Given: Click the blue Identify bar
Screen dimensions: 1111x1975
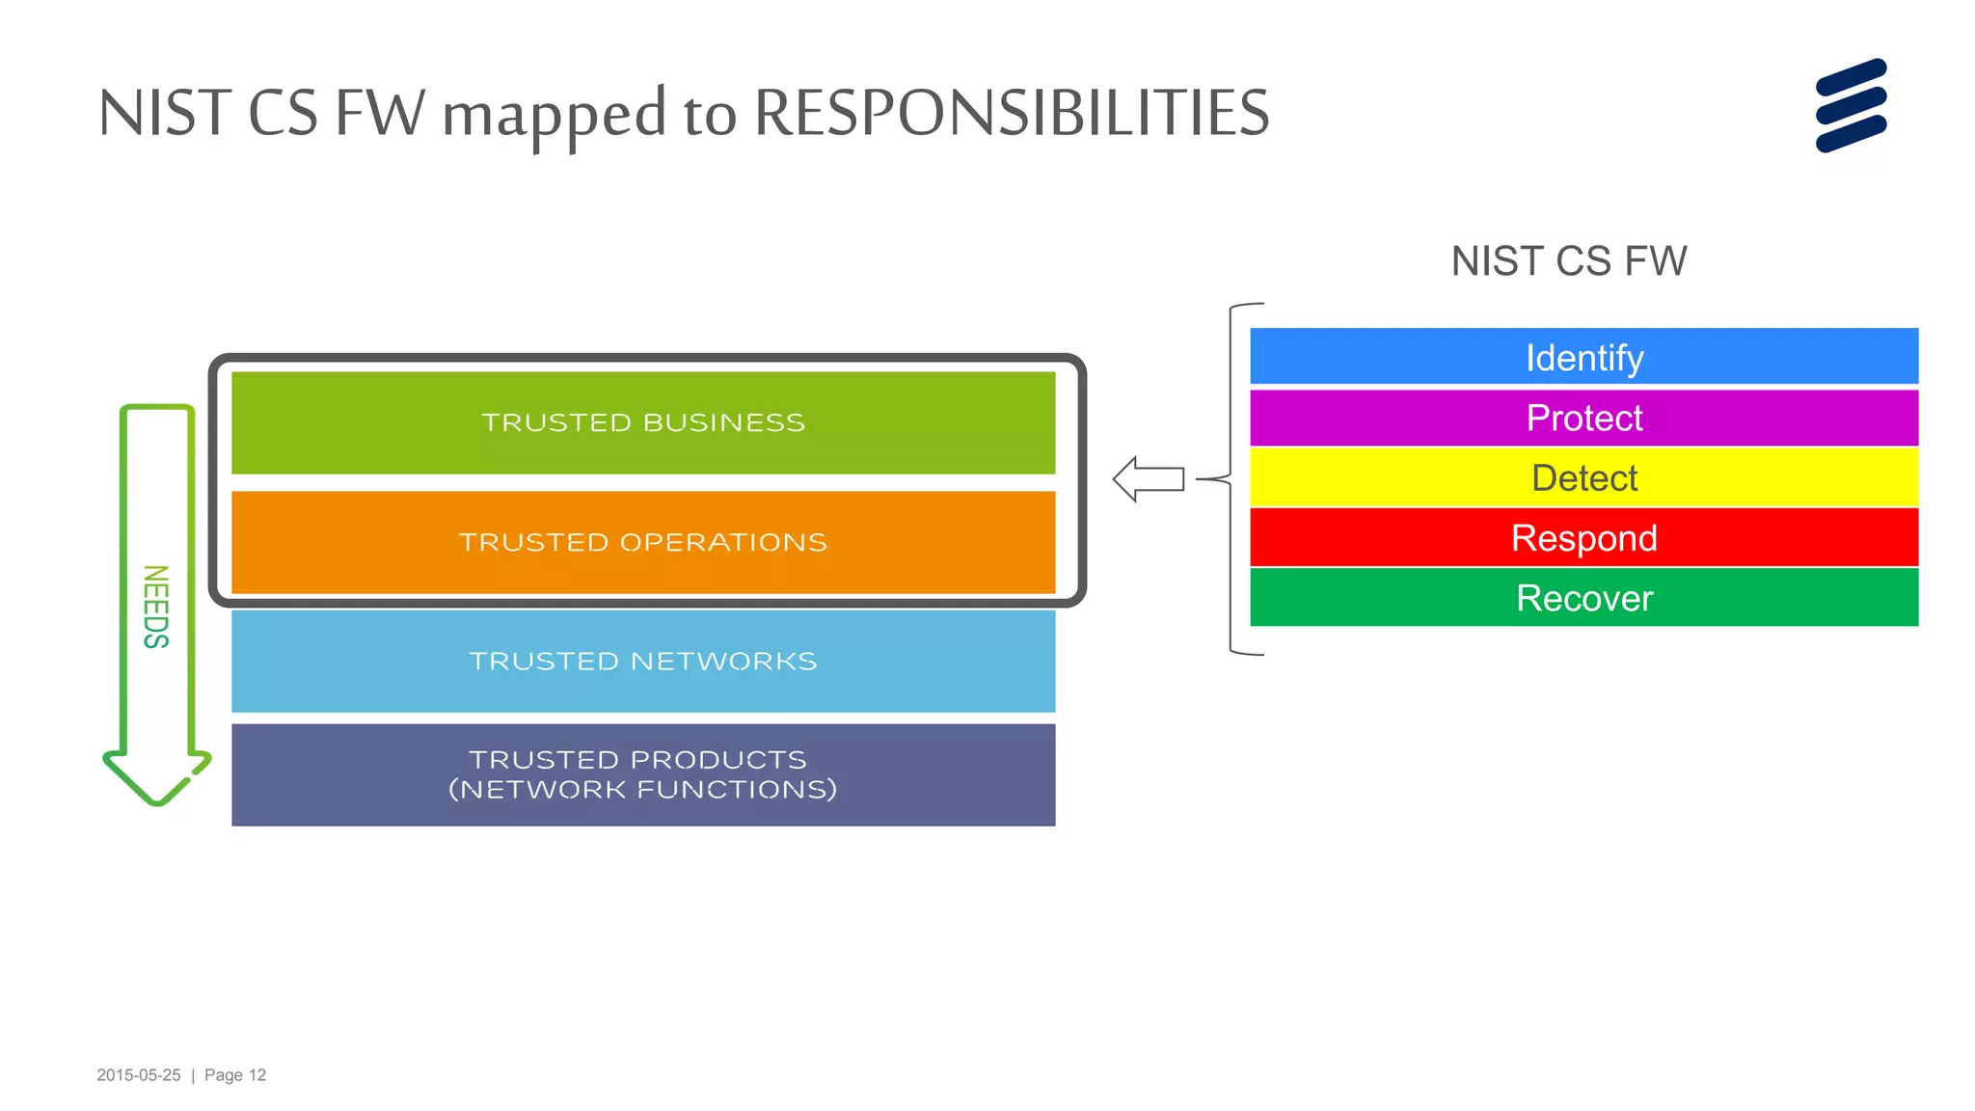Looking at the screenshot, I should [x=1583, y=357].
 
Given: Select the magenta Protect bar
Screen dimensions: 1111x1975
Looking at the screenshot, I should [x=1583, y=418].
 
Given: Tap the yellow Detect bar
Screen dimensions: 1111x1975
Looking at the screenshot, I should [x=1583, y=477].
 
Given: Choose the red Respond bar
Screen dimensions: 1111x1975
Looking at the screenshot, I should [x=1583, y=537].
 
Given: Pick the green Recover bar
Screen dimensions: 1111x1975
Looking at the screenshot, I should [x=1583, y=598].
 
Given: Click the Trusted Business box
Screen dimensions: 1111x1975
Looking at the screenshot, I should [x=643, y=422].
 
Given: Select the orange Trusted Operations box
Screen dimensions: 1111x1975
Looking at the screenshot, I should [x=643, y=542].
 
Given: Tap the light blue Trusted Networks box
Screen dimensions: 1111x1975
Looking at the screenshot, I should [x=643, y=661].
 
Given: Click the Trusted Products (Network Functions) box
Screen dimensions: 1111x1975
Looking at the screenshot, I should [x=643, y=774].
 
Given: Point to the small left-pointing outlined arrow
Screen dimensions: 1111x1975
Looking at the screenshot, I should [x=1148, y=478].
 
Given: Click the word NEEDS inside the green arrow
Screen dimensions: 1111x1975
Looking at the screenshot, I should [x=156, y=607].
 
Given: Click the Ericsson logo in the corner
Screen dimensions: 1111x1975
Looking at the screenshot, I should [x=1851, y=105].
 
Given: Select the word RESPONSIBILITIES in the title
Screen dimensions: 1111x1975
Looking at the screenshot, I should [x=1011, y=113].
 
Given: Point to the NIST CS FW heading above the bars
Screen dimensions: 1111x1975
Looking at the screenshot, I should [x=1568, y=261].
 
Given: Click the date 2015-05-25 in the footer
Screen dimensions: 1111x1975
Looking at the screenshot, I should [x=139, y=1075].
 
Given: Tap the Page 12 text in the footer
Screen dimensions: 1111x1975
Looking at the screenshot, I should [x=235, y=1075].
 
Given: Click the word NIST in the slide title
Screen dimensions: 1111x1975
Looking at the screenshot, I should [x=164, y=113].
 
